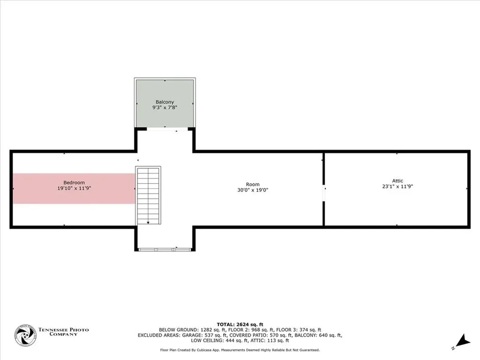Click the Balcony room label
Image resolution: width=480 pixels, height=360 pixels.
click(x=165, y=102)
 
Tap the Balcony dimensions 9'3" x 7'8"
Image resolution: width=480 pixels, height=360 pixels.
click(x=165, y=107)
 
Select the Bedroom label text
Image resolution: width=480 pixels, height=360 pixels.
click(x=74, y=182)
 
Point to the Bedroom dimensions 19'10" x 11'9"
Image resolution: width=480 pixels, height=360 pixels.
click(x=74, y=188)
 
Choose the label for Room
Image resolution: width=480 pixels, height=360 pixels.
click(x=253, y=184)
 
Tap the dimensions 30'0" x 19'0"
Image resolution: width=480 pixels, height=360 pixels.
click(x=253, y=190)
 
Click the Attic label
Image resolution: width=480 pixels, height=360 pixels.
click(x=397, y=180)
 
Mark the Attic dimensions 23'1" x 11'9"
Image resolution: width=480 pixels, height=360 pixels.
click(x=397, y=186)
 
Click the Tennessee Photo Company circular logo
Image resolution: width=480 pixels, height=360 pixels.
click(x=25, y=335)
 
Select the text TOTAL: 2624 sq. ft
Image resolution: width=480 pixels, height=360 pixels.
click(x=240, y=324)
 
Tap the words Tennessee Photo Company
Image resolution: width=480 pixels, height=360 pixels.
click(x=63, y=332)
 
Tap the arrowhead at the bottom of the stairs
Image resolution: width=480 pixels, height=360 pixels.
click(x=148, y=223)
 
